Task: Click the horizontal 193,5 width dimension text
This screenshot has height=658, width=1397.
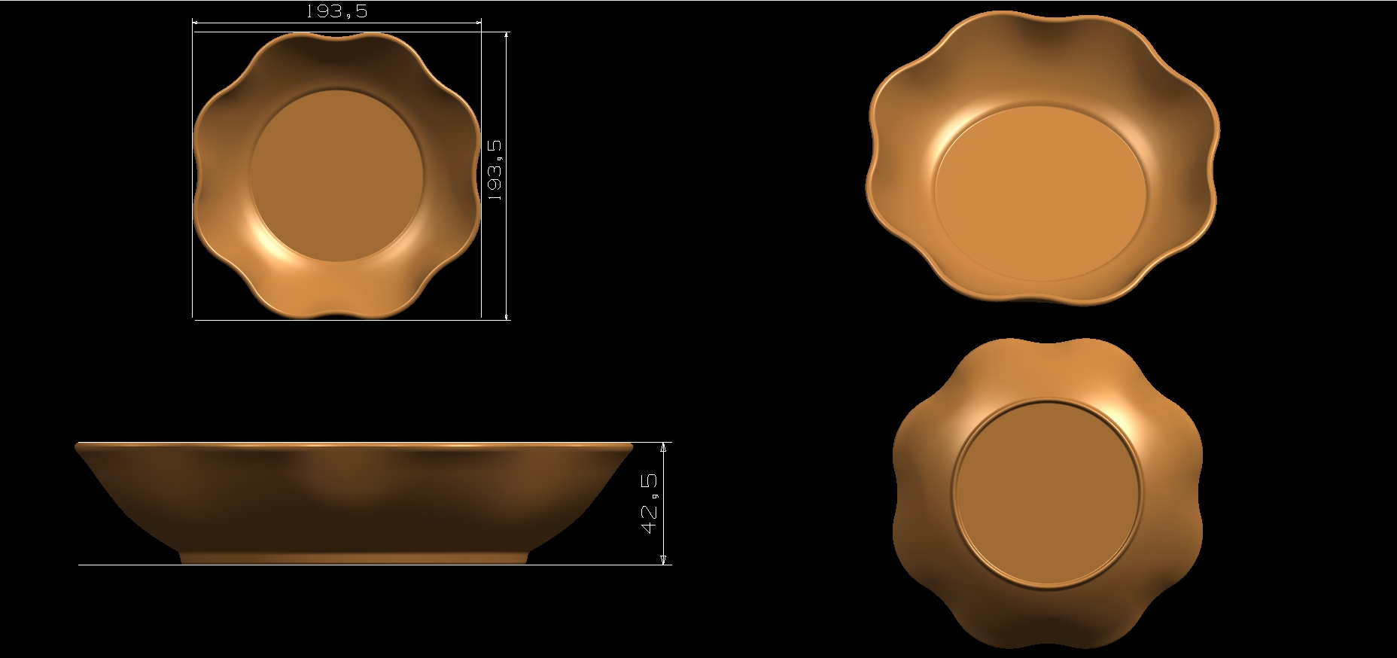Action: (x=336, y=11)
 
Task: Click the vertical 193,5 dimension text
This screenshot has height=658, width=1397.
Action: (x=495, y=169)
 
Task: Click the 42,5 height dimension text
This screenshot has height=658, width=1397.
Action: (x=650, y=504)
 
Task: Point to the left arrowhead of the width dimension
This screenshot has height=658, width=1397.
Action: (x=197, y=23)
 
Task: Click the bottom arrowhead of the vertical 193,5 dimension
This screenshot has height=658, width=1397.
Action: (x=507, y=316)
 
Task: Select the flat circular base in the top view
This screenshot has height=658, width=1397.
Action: (x=336, y=175)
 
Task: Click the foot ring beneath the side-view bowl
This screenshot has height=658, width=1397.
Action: (x=354, y=558)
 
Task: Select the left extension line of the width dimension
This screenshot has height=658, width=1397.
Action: (x=193, y=173)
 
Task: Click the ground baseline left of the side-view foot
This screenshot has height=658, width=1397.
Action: (x=128, y=565)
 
